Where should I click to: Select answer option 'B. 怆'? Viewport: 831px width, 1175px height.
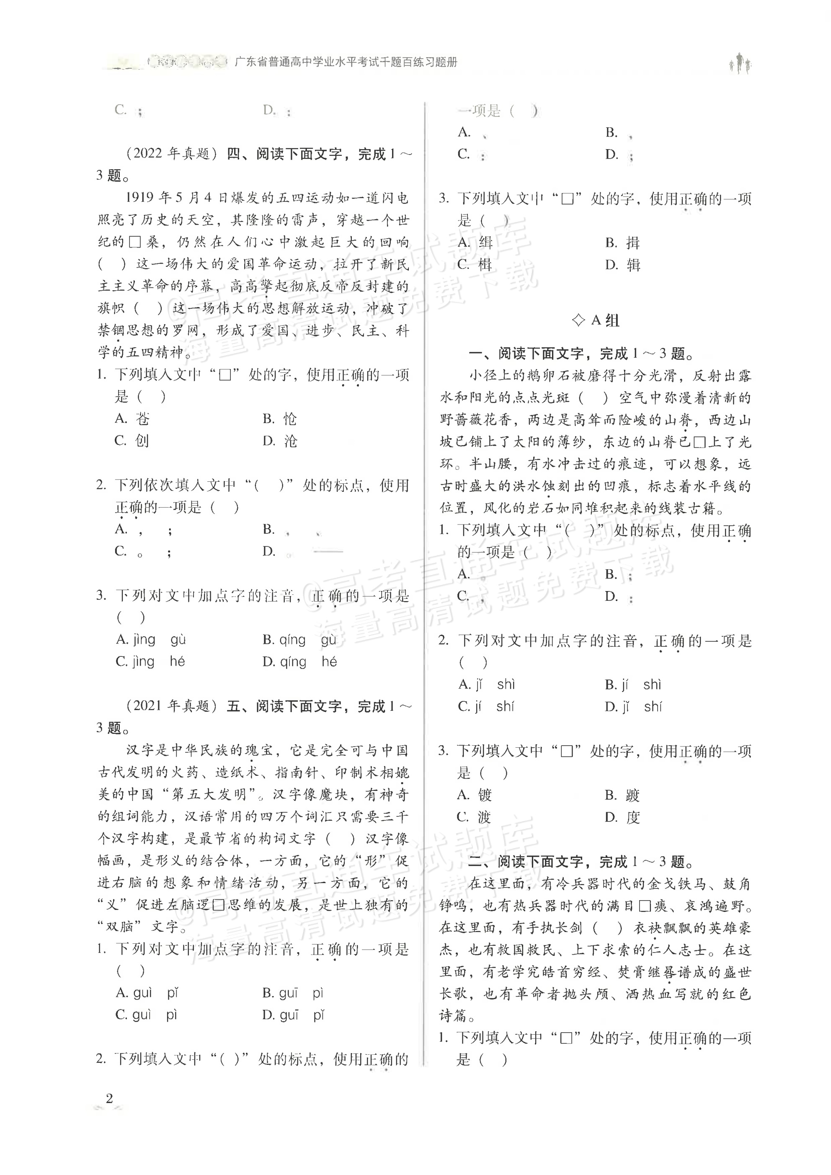(x=279, y=419)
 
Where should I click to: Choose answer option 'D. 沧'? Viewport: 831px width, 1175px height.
(x=279, y=441)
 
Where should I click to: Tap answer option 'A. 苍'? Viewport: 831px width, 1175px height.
(x=132, y=419)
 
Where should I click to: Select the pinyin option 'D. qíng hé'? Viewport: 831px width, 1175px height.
(x=299, y=662)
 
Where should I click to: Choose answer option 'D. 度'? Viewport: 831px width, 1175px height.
(x=622, y=817)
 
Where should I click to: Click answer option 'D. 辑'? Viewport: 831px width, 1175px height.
(x=622, y=265)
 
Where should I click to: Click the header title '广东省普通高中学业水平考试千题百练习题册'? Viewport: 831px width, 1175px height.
(x=346, y=62)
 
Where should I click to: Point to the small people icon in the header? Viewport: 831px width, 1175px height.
(x=740, y=63)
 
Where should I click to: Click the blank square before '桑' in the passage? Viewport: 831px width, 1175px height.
(x=134, y=242)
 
